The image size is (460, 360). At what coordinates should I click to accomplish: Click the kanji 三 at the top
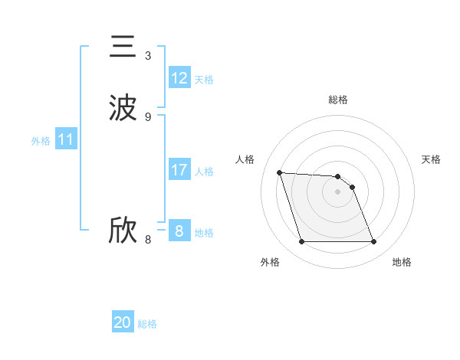[x=123, y=47]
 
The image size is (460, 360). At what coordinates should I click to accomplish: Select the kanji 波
[x=123, y=108]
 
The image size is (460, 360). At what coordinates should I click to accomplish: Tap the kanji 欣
[x=123, y=231]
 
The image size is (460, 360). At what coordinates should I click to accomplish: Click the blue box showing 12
[x=179, y=78]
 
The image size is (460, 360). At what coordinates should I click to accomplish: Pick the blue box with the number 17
[x=179, y=170]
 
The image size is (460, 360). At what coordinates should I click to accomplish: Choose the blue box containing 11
[x=66, y=140]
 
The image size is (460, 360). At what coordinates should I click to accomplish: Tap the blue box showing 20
[x=123, y=322]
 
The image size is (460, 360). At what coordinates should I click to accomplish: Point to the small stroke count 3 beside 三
[x=148, y=55]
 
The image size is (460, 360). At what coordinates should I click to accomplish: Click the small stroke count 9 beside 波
[x=148, y=116]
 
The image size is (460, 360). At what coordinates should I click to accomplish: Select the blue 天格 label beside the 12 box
[x=204, y=80]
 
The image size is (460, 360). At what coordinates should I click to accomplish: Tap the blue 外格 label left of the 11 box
[x=41, y=141]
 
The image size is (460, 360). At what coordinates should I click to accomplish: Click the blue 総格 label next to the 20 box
[x=147, y=324]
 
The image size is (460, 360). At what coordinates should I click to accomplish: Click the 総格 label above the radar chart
[x=338, y=100]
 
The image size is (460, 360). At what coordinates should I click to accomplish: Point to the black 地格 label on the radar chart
[x=402, y=262]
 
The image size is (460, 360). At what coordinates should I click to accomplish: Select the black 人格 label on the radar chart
[x=245, y=159]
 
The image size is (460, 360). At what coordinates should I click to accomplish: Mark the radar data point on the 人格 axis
[x=280, y=172]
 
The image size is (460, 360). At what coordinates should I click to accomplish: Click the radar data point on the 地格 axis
[x=373, y=242]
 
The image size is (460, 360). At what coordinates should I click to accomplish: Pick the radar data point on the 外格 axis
[x=301, y=242]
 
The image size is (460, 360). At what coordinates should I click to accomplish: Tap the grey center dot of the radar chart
[x=337, y=192]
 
